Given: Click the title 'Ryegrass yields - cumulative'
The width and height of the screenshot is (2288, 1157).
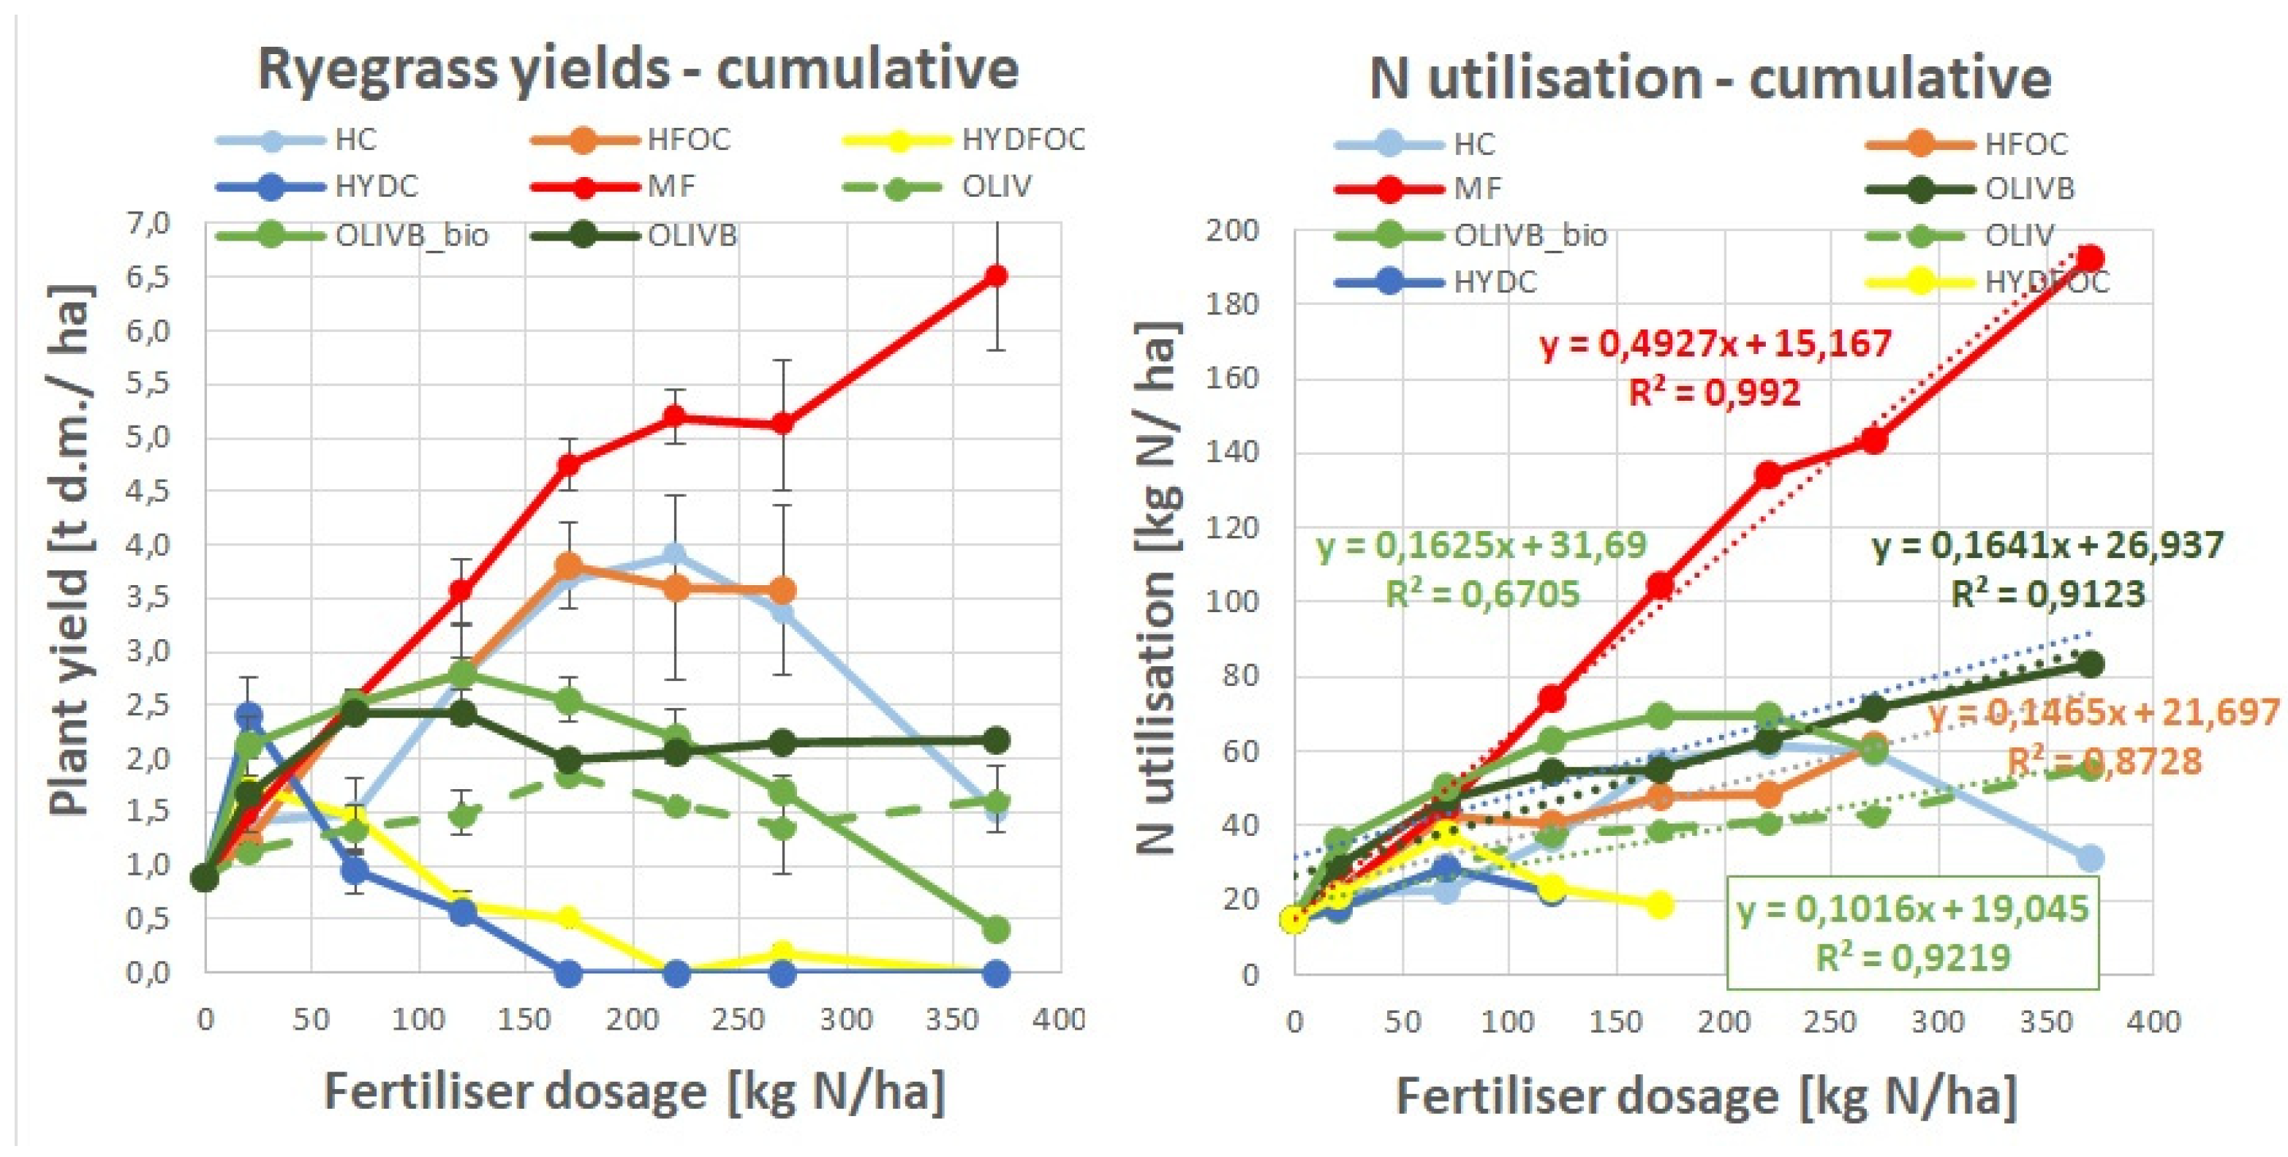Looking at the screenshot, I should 638,69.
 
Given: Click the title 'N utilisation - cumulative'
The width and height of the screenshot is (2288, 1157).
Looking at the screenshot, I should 1710,78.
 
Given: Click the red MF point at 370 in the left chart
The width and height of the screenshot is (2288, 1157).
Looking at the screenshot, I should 996,276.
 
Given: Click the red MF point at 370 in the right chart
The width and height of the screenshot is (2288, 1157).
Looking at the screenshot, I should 2091,259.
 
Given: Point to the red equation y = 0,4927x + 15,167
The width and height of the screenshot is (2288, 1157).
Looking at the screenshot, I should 1715,343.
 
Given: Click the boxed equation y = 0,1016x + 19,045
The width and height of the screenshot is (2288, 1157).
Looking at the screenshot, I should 1912,908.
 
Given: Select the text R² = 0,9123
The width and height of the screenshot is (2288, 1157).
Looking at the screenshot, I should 2047,594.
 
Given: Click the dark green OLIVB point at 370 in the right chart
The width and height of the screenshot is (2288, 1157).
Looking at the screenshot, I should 2091,664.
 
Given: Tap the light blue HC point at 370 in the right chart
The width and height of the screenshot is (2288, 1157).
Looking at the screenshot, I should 2091,859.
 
